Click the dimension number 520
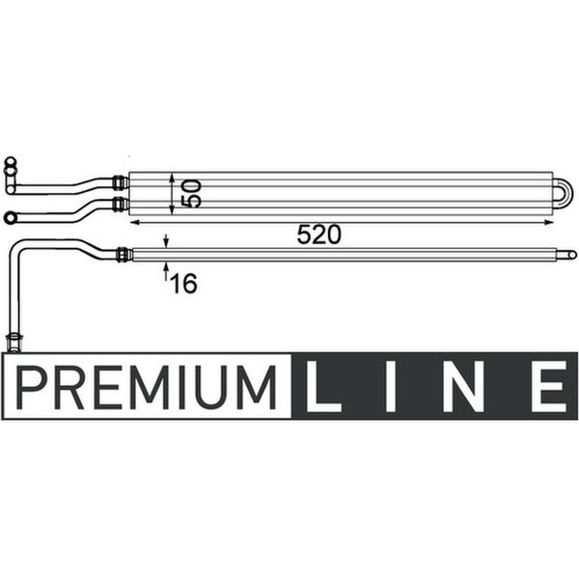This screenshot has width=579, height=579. click(x=319, y=234)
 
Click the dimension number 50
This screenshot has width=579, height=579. click(x=192, y=194)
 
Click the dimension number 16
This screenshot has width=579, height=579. click(x=183, y=284)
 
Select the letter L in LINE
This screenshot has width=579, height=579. click(x=323, y=386)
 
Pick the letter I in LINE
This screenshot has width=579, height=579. click(x=391, y=386)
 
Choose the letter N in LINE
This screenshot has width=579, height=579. click(x=463, y=386)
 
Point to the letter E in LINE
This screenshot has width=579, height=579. click(x=549, y=386)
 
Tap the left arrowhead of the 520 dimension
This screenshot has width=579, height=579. click(x=135, y=222)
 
